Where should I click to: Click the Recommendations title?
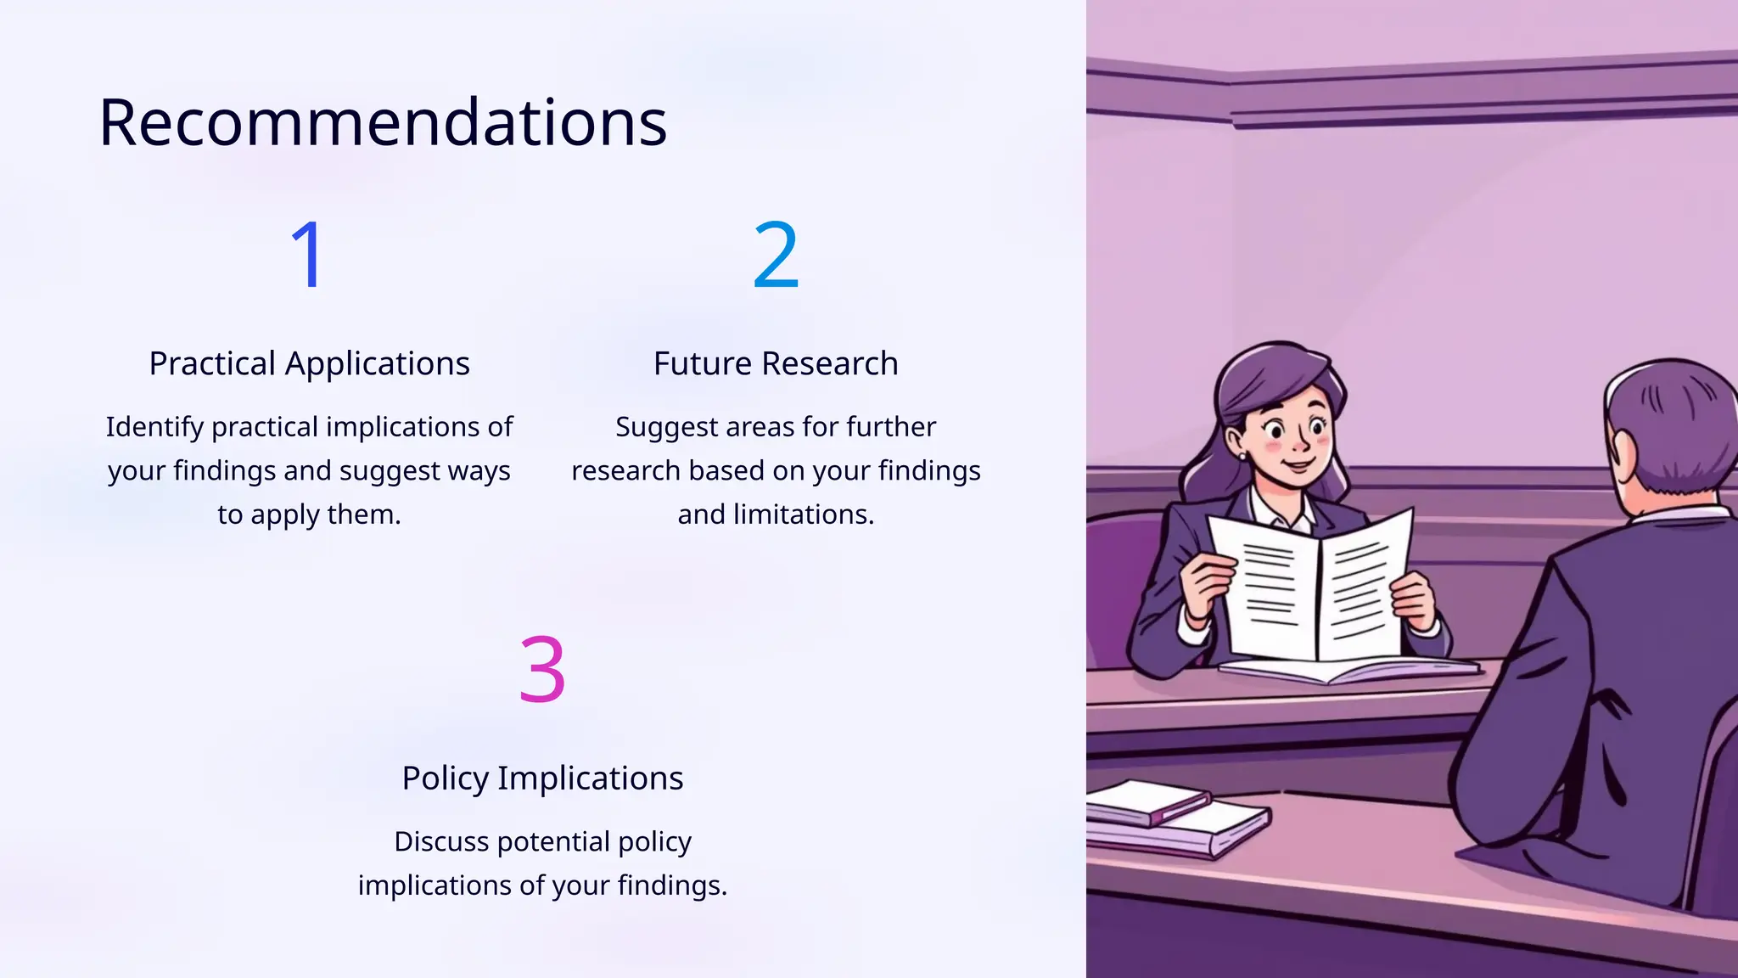click(x=383, y=123)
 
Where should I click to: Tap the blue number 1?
click(x=307, y=254)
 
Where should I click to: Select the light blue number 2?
click(x=776, y=254)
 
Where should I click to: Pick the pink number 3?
click(x=542, y=669)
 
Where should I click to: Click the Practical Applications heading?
click(x=309, y=363)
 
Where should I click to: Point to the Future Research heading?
click(x=776, y=363)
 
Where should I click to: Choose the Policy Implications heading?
click(x=542, y=778)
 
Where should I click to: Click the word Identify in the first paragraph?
click(x=155, y=427)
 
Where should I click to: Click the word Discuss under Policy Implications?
click(x=441, y=842)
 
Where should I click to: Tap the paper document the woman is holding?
click(x=1311, y=586)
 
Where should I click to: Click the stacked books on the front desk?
click(x=1175, y=819)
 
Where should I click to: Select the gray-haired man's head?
click(x=1668, y=433)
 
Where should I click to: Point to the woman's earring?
click(x=1242, y=456)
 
